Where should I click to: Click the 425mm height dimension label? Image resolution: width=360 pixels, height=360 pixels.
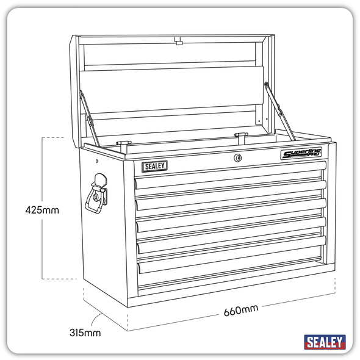pyautogui.click(x=42, y=210)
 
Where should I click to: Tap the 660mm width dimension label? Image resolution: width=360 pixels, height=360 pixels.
pyautogui.click(x=240, y=310)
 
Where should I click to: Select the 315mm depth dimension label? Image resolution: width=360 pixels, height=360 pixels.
pyautogui.click(x=85, y=333)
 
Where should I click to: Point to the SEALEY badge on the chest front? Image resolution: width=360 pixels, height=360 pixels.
pyautogui.click(x=154, y=165)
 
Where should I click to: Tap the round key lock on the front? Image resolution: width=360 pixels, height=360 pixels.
pyautogui.click(x=237, y=158)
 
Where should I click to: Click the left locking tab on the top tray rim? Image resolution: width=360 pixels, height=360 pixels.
pyautogui.click(x=124, y=142)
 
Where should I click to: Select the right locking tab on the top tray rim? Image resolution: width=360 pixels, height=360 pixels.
pyautogui.click(x=240, y=135)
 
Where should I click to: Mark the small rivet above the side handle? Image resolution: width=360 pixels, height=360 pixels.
pyautogui.click(x=96, y=162)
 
